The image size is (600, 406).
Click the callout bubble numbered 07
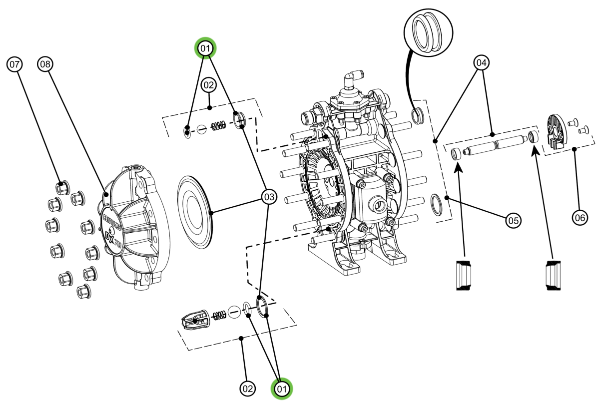point(15,64)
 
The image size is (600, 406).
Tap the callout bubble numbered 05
point(513,220)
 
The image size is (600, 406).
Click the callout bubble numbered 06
point(580,217)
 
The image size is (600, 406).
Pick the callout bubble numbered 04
point(481,63)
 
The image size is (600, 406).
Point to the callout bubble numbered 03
point(269,198)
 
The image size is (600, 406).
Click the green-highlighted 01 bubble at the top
point(205,48)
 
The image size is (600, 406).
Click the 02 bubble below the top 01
point(208,85)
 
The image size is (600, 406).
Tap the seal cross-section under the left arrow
point(464,274)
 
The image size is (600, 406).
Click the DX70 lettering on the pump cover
point(114,239)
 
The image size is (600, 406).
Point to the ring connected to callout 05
point(438,205)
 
